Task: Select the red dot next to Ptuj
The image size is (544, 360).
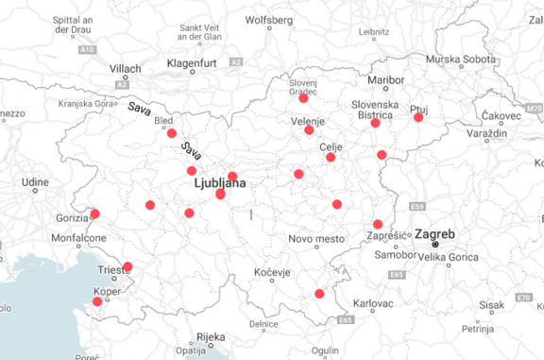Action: click(418, 117)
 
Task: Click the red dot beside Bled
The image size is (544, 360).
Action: click(171, 133)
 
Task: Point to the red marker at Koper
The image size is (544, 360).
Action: click(97, 302)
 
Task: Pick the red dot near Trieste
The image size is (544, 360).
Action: click(127, 266)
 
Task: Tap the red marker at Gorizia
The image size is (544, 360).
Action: click(94, 214)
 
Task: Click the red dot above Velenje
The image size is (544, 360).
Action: click(303, 98)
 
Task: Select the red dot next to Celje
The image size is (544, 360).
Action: click(331, 157)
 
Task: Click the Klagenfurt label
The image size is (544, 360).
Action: click(193, 62)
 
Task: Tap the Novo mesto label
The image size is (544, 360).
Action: click(316, 239)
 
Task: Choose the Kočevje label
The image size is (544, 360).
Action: click(273, 272)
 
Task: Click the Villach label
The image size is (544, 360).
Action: click(125, 69)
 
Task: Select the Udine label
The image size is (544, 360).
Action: click(36, 180)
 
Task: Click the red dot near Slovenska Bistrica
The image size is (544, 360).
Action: click(375, 123)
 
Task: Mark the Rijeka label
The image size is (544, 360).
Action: click(212, 336)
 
